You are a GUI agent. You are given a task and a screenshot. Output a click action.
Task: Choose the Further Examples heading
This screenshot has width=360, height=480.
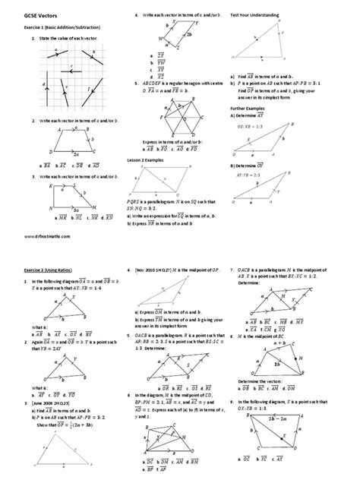tap(248, 108)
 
